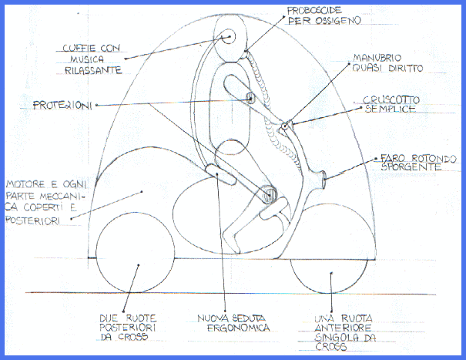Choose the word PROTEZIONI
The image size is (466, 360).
pos(64,105)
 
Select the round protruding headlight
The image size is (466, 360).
pos(324,183)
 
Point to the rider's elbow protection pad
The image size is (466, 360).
pos(250,98)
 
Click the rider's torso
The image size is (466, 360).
pos(232,93)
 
